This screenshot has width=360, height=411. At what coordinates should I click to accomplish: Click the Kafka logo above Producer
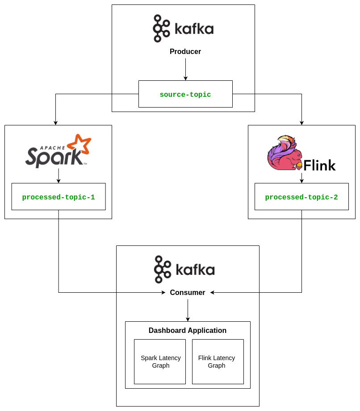tap(183, 29)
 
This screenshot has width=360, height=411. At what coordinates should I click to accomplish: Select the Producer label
tap(185, 52)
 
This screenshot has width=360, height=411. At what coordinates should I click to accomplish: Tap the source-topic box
tap(185, 94)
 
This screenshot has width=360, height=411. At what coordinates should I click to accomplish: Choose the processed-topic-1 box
tap(59, 197)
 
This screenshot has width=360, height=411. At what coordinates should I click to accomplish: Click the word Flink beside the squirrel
tap(319, 166)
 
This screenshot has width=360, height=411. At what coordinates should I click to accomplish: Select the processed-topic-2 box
tap(301, 197)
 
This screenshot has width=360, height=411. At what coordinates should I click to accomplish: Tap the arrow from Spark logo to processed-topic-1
tap(59, 176)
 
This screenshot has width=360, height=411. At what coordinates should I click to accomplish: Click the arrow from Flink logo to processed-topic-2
tap(301, 178)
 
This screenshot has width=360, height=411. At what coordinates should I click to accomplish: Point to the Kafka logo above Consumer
tap(184, 270)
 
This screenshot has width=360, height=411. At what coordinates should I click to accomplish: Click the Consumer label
tap(188, 293)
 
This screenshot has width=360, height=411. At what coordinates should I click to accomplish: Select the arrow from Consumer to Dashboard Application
tap(188, 310)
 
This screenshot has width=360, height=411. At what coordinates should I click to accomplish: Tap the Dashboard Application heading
tap(188, 331)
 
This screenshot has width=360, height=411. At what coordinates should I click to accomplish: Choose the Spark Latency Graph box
tap(160, 361)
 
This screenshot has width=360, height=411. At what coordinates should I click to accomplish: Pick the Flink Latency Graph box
tap(218, 361)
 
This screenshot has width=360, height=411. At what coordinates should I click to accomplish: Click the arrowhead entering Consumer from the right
tap(213, 293)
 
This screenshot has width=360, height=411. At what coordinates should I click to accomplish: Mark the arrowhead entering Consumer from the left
tap(163, 293)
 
